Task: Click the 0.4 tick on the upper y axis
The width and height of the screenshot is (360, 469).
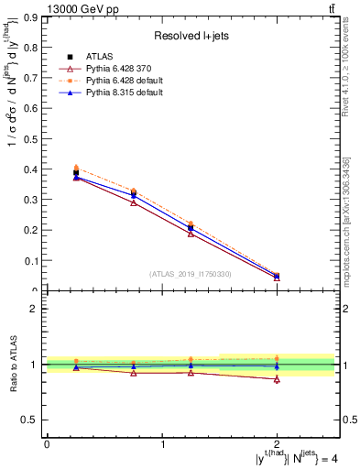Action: [x=34, y=169]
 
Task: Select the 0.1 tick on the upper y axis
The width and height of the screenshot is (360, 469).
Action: [x=34, y=261]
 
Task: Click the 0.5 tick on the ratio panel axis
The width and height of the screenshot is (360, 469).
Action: [x=34, y=420]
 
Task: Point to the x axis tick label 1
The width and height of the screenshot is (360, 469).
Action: [x=163, y=444]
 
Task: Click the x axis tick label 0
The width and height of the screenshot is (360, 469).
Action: [x=47, y=444]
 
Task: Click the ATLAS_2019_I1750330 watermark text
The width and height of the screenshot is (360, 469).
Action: [x=191, y=274]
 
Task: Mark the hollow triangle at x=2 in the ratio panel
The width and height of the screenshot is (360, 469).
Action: [x=278, y=379]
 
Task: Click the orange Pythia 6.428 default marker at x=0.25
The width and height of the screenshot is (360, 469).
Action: [x=76, y=168]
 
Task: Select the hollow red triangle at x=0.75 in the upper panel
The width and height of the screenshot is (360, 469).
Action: [x=134, y=202]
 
